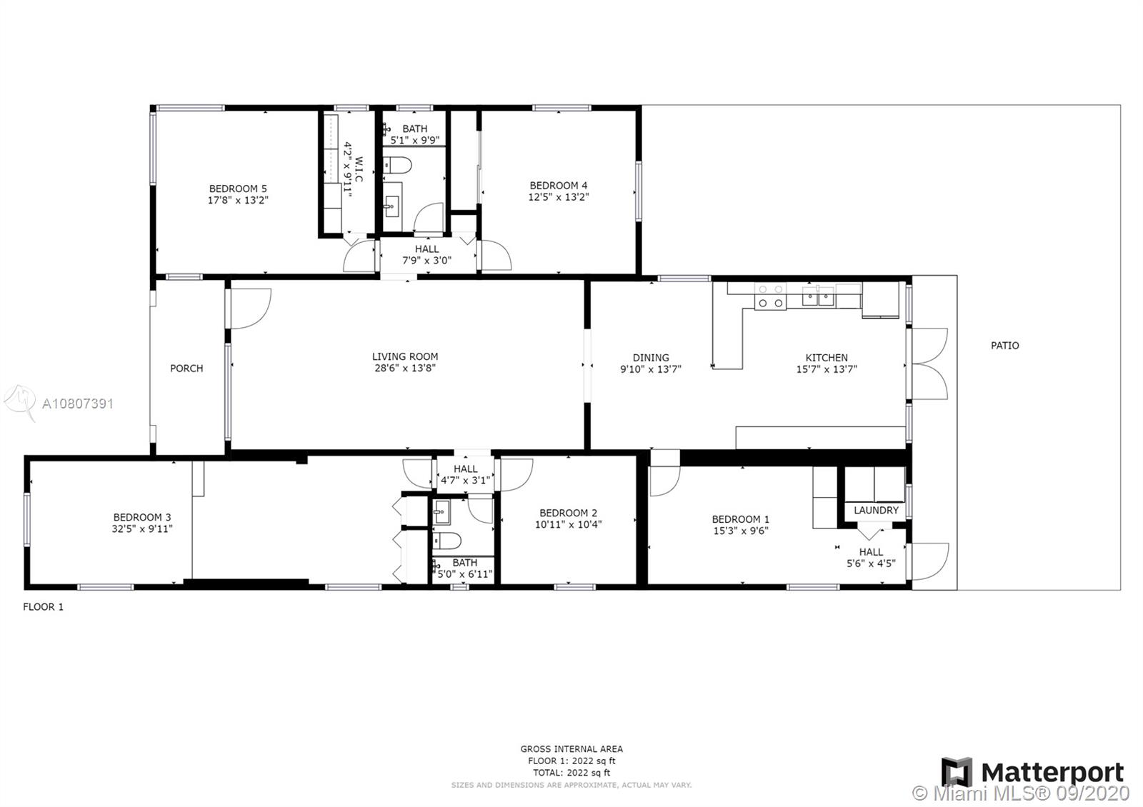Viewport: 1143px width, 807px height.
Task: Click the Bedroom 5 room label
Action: pyautogui.click(x=238, y=189)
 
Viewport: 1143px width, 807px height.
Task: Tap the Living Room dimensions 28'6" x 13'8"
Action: pyautogui.click(x=405, y=368)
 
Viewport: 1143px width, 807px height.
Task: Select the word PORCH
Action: pyautogui.click(x=186, y=369)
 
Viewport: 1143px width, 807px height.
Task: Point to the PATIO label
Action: pyautogui.click(x=1004, y=346)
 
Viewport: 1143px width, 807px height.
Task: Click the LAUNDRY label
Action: pyautogui.click(x=876, y=510)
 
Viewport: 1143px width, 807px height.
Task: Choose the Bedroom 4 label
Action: pyautogui.click(x=558, y=186)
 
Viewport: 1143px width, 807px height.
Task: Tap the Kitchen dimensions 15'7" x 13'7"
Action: pyautogui.click(x=827, y=369)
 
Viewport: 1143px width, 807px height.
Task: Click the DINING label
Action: pyautogui.click(x=651, y=358)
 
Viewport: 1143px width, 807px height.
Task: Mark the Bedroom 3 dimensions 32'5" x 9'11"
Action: pyautogui.click(x=142, y=529)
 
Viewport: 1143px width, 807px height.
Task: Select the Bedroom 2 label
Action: pyautogui.click(x=569, y=513)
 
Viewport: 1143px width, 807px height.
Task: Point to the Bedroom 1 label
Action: pyautogui.click(x=740, y=519)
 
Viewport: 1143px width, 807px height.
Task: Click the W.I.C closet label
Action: pyautogui.click(x=359, y=169)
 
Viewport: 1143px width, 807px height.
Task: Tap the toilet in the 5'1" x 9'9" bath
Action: pyautogui.click(x=397, y=165)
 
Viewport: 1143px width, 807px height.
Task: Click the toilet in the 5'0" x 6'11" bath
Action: pyautogui.click(x=447, y=540)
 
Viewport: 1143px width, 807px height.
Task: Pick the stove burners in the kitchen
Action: pyautogui.click(x=771, y=296)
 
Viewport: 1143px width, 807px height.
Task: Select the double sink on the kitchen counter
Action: pyautogui.click(x=818, y=296)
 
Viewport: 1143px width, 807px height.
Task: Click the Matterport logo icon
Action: pyautogui.click(x=957, y=772)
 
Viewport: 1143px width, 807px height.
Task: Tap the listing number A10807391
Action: pyautogui.click(x=78, y=404)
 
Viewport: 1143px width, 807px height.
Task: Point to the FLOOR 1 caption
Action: pyautogui.click(x=44, y=606)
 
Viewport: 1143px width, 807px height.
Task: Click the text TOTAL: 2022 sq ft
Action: pyautogui.click(x=571, y=773)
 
